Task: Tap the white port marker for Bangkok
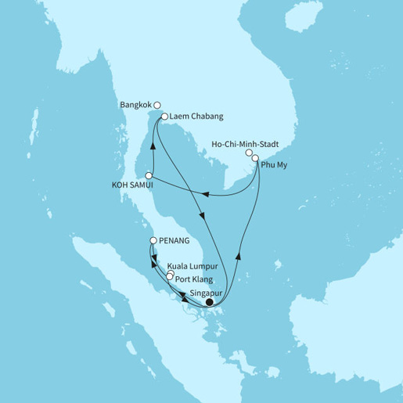[157, 104]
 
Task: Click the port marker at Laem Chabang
[164, 117]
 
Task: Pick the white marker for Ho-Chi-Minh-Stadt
[249, 153]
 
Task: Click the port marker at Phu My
[255, 159]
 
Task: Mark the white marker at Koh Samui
[148, 175]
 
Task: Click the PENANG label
[176, 241]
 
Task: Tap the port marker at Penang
[153, 242]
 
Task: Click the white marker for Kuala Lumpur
[171, 273]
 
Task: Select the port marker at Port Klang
[169, 277]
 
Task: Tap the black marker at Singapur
[208, 302]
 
